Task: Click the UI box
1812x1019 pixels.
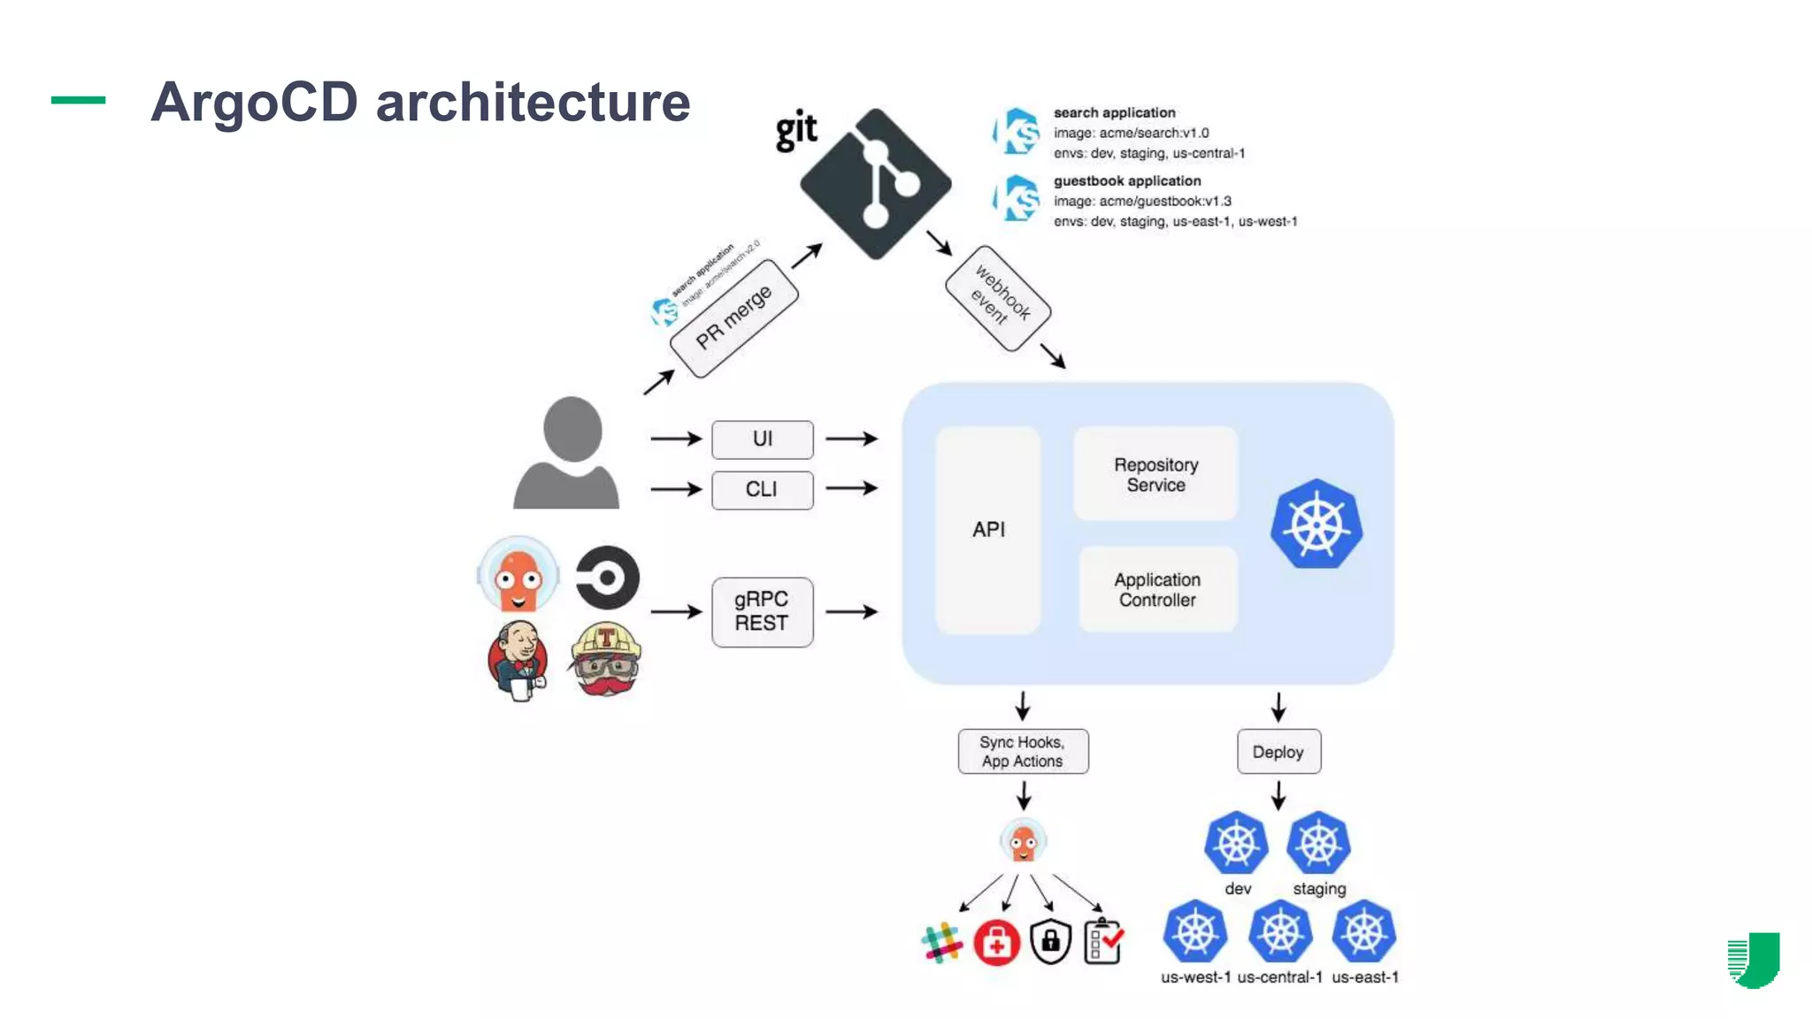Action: [762, 440]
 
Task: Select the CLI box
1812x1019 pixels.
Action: [762, 490]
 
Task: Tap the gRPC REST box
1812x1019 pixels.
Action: [762, 612]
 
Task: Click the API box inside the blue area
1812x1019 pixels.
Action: [988, 530]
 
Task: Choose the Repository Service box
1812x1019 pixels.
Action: [1156, 475]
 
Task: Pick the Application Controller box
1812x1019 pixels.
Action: [1157, 590]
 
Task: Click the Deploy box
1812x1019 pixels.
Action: [1278, 752]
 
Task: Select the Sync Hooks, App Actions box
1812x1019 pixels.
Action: [1023, 752]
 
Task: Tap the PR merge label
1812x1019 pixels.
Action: [733, 318]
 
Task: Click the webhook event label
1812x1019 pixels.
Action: [998, 298]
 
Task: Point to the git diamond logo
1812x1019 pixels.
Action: [875, 184]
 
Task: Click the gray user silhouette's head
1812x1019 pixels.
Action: [572, 429]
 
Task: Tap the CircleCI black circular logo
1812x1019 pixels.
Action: [608, 578]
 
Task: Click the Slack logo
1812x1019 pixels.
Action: [941, 943]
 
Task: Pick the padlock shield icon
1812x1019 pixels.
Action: [1051, 942]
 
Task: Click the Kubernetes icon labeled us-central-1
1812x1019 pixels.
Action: [1279, 931]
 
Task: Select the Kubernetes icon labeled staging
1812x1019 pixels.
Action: [1318, 843]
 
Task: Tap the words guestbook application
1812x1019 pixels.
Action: [1126, 181]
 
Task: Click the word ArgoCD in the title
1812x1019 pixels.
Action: [254, 102]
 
